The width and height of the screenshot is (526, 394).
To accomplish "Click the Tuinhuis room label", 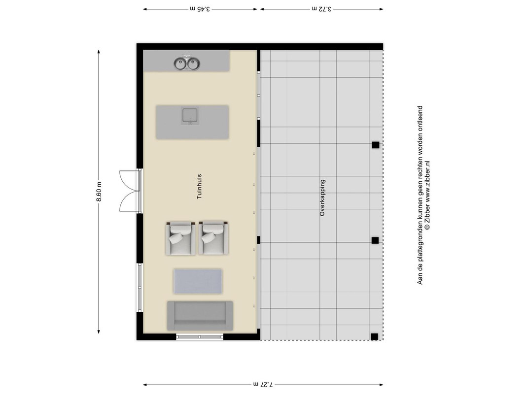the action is tap(199, 186).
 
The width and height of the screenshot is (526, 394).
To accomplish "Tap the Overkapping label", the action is tap(322, 197).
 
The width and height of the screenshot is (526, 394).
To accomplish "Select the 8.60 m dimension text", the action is tap(99, 192).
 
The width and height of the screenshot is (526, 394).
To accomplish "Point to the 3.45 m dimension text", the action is tap(200, 9).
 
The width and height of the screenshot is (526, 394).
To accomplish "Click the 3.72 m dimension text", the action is tap(321, 9).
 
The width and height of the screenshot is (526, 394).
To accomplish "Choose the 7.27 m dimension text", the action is tap(263, 385).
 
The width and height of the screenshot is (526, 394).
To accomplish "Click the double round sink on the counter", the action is tap(187, 63).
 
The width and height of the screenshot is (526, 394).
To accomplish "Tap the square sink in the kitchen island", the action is tap(190, 116).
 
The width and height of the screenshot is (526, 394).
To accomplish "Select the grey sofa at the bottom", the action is tap(200, 316).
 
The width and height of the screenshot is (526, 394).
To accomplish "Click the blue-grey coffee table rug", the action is tap(198, 281).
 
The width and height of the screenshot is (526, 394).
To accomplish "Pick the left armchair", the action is tap(180, 238).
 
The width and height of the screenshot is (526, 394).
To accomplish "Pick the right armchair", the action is tap(213, 238).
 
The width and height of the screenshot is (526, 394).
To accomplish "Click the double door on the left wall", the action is tap(130, 191).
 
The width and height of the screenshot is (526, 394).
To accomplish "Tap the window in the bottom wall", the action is tap(200, 337).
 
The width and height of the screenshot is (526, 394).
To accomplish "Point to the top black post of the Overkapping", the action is tap(375, 145).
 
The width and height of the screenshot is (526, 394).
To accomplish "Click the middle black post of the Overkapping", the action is tap(375, 240).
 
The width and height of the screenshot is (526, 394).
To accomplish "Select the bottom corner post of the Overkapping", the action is tap(374, 337).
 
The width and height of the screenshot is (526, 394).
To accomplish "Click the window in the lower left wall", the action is tap(140, 288).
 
